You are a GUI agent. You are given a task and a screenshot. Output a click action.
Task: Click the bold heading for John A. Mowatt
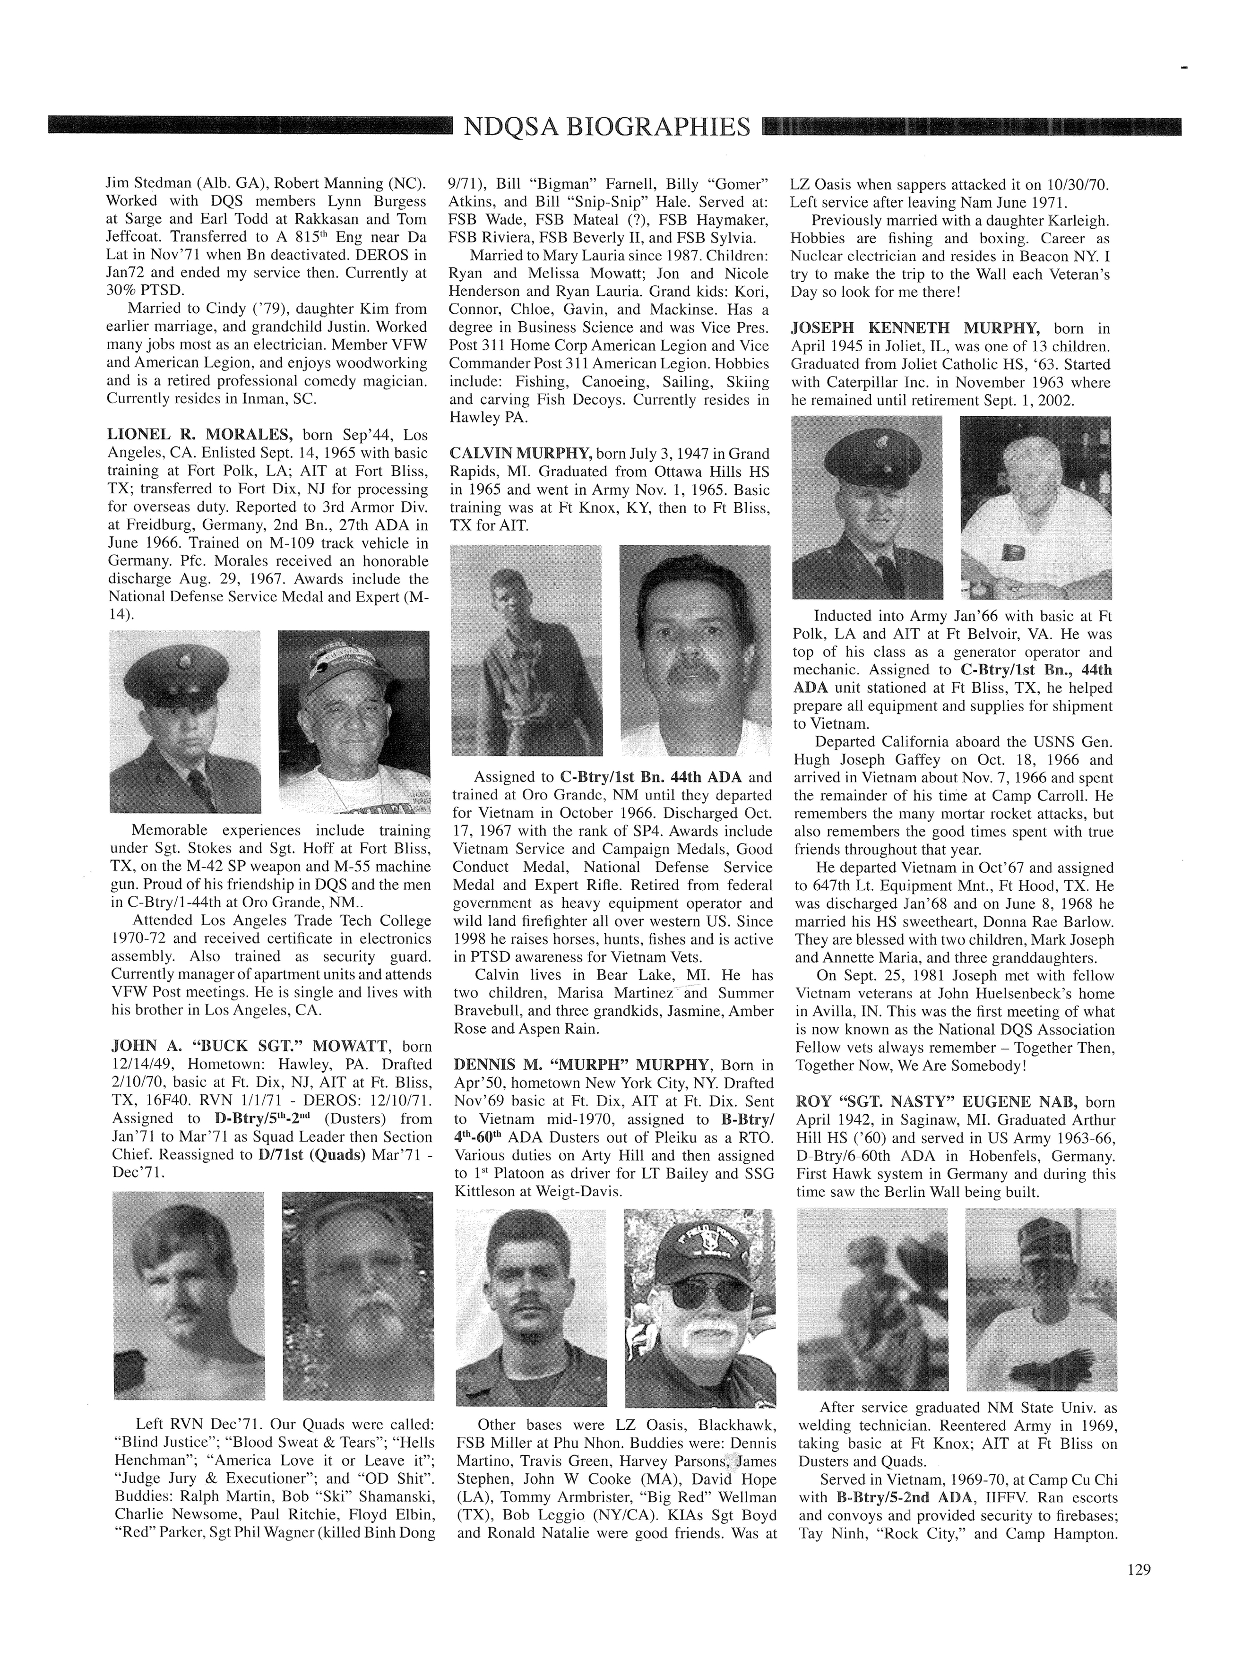(x=250, y=1046)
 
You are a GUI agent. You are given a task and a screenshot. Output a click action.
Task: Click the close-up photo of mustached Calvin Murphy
(x=695, y=650)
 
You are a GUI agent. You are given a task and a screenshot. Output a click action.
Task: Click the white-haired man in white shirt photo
(x=1035, y=507)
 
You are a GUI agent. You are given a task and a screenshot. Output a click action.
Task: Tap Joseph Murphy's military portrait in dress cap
(x=867, y=507)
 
